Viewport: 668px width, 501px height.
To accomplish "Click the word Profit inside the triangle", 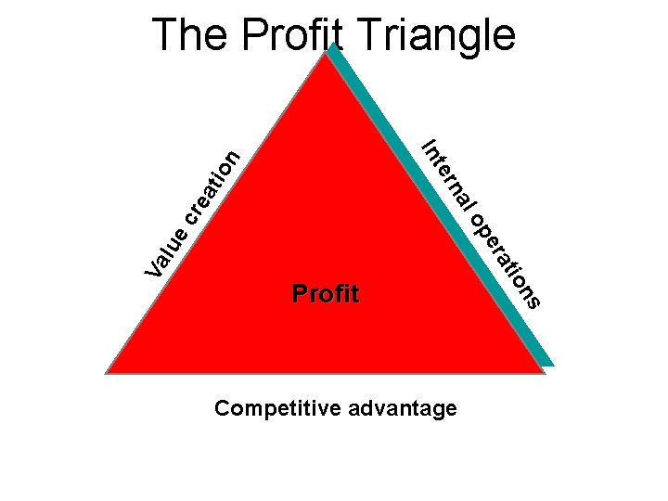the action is coord(325,295).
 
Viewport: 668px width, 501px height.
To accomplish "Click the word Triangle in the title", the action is coord(434,35).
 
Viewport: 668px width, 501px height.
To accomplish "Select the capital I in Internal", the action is coord(429,145).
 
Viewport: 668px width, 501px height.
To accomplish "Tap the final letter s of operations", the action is coord(533,300).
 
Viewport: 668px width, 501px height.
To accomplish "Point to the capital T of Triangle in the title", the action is coord(368,35).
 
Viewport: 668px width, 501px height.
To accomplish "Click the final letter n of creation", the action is coord(233,159).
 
